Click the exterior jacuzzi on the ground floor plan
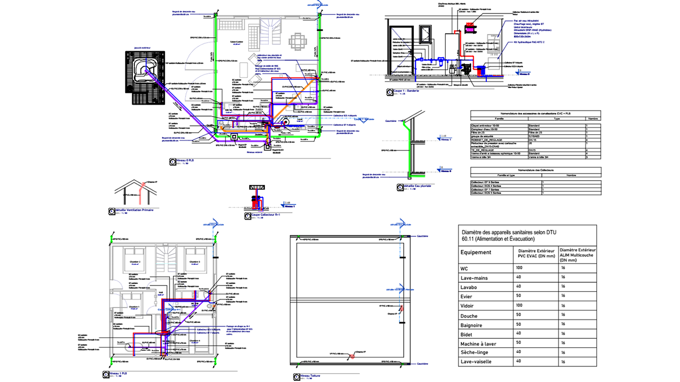pos(144,69)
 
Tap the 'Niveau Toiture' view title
pos(308,377)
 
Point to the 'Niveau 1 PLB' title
pos(118,373)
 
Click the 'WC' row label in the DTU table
pos(464,268)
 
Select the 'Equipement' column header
pos(475,252)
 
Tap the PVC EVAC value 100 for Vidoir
pos(520,305)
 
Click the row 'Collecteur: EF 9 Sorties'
pos(487,182)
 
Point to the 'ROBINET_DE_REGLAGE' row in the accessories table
pos(488,140)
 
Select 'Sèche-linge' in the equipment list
pos(475,352)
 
